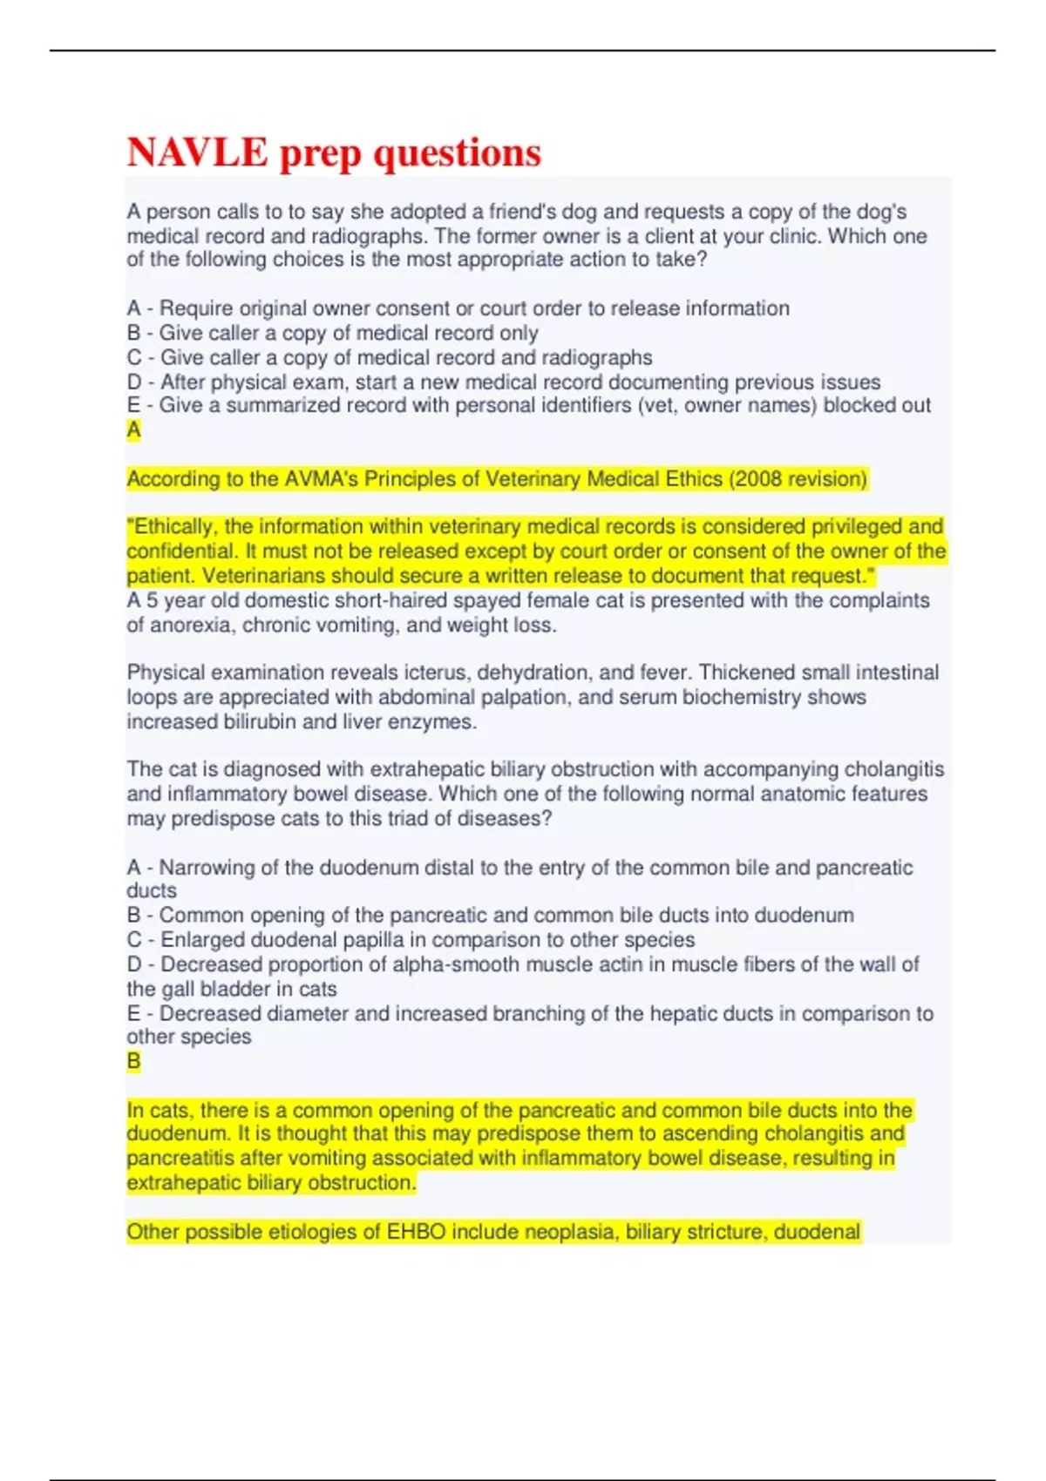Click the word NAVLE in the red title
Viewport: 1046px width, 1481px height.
click(198, 152)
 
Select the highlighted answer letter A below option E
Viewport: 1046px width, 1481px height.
click(133, 429)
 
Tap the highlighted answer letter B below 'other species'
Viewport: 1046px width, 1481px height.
click(133, 1061)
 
